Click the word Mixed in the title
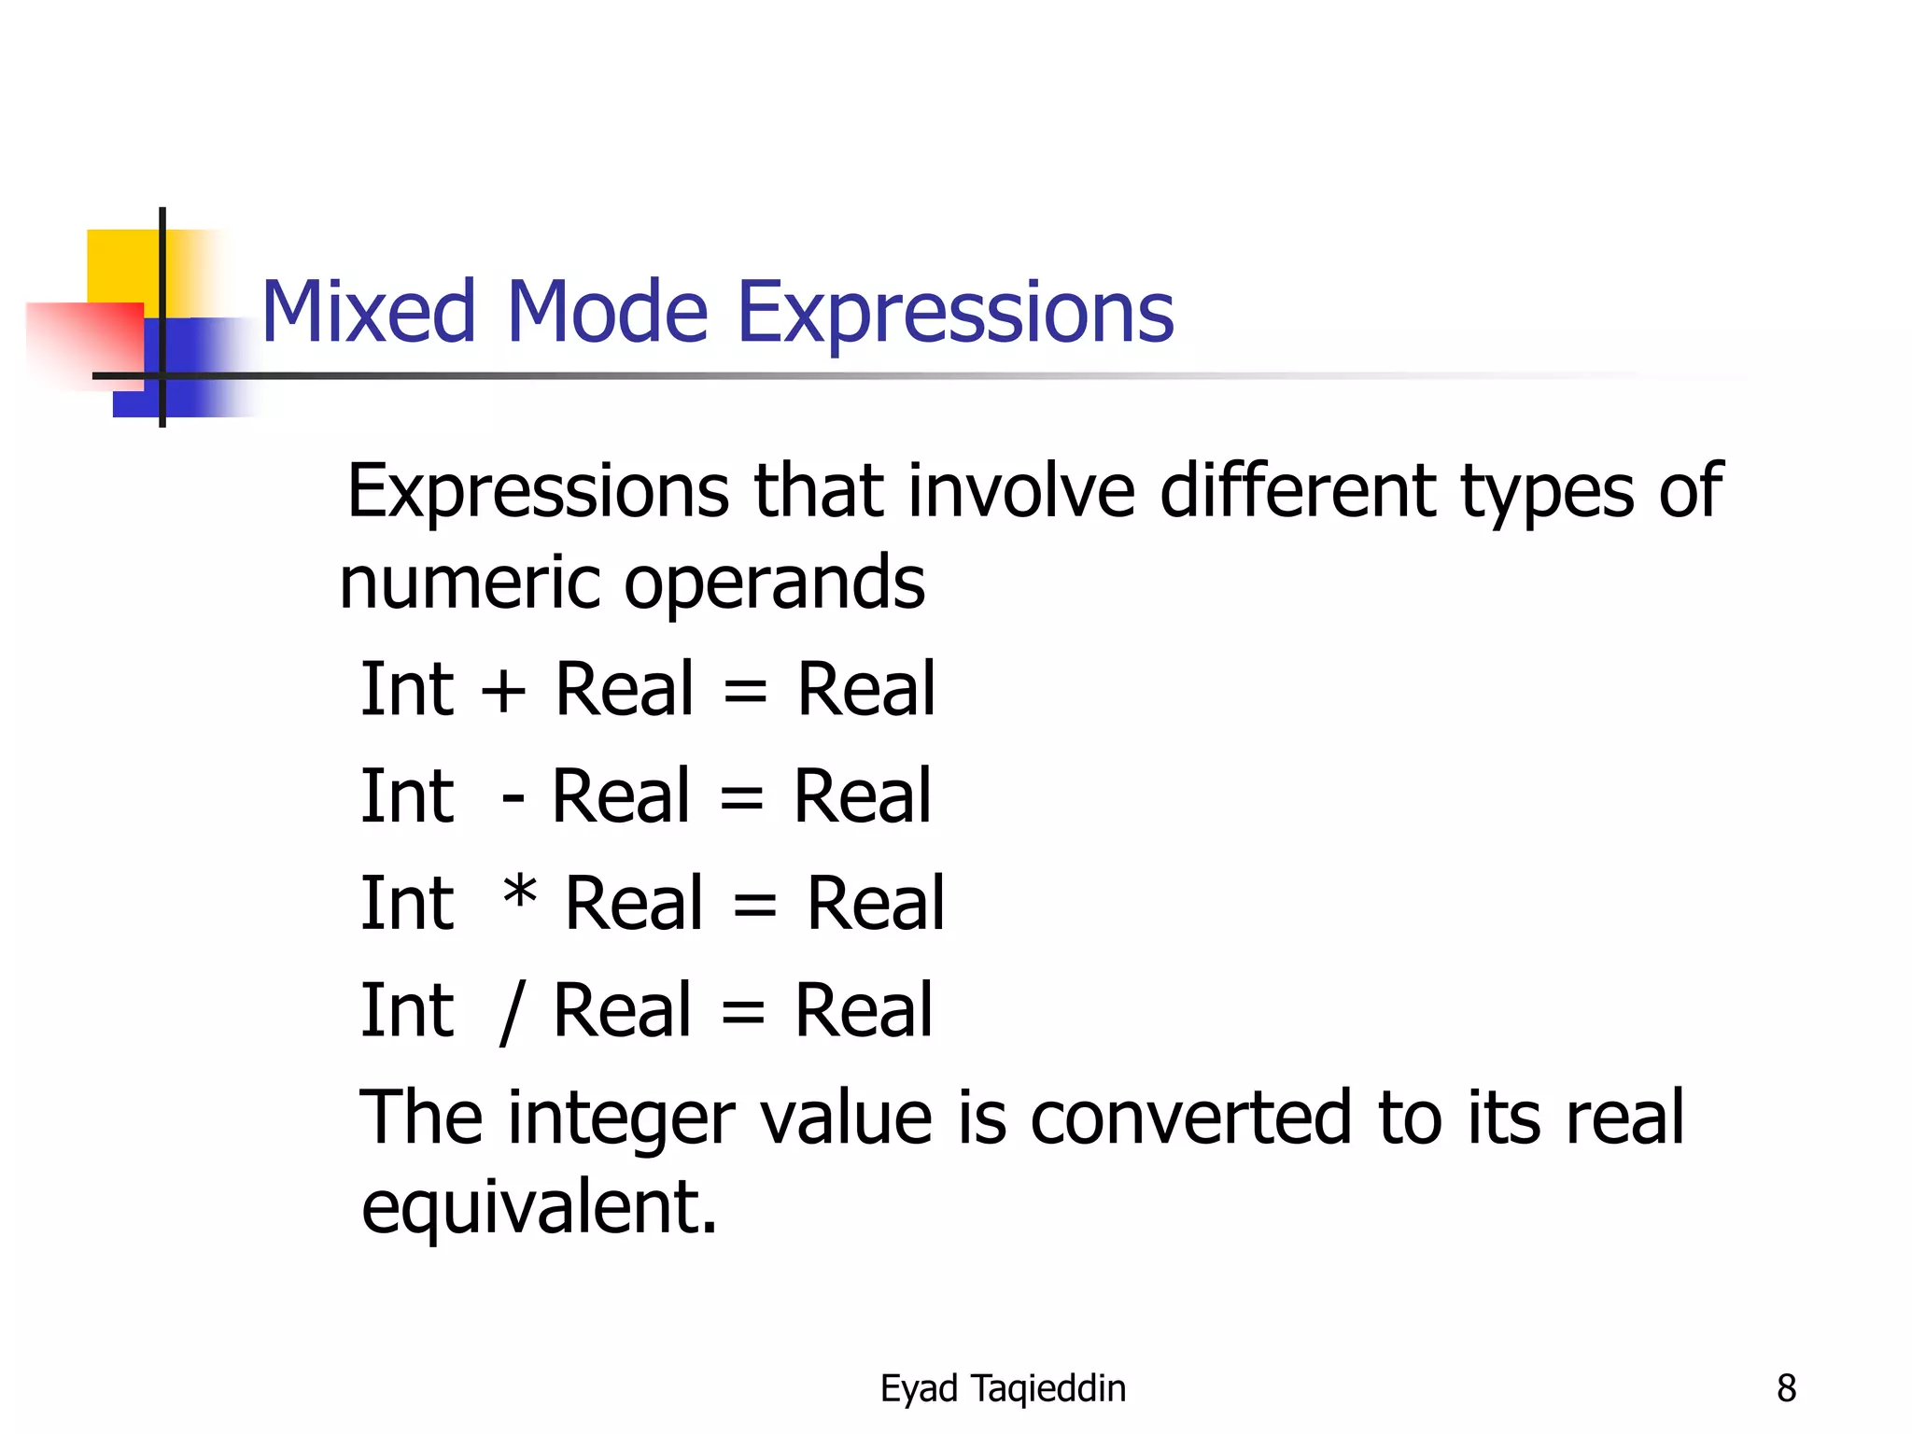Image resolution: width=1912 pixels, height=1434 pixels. tap(369, 312)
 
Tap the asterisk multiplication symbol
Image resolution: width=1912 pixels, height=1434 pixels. tap(519, 894)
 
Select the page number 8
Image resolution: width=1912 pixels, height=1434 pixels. tap(1786, 1388)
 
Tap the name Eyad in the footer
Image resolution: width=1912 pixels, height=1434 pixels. tap(919, 1389)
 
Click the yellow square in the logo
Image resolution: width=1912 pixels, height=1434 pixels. tap(121, 266)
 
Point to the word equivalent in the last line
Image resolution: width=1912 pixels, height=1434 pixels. tap(539, 1207)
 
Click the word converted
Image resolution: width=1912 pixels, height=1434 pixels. tap(1190, 1118)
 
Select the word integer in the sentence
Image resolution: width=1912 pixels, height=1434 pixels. tap(621, 1119)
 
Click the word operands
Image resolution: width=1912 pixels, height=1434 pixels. tap(774, 583)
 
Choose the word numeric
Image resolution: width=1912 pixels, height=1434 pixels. tap(470, 583)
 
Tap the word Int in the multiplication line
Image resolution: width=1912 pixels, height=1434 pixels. tap(407, 904)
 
